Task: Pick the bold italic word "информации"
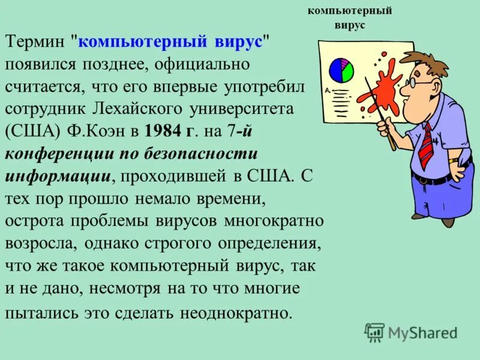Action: [58, 175]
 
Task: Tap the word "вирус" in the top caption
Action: [349, 25]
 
